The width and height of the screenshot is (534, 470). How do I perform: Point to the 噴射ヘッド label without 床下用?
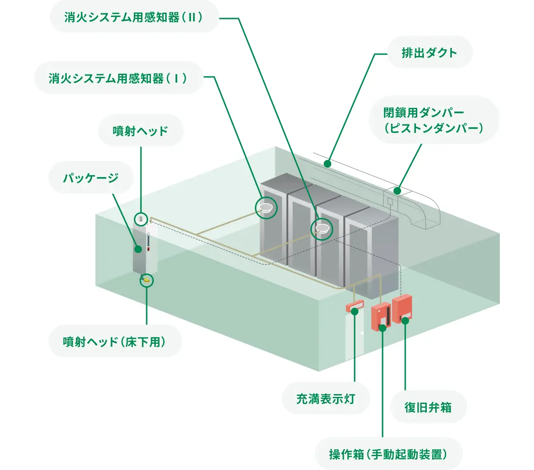click(x=141, y=131)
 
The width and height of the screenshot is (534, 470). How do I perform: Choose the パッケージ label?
click(x=91, y=178)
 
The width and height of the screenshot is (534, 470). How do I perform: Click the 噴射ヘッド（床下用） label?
click(x=114, y=341)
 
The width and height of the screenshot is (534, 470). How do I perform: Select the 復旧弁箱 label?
click(x=428, y=407)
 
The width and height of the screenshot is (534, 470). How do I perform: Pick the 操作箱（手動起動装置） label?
click(x=388, y=453)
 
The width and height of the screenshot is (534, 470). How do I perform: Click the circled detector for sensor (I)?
click(x=266, y=207)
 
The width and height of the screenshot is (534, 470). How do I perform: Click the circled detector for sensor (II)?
click(x=322, y=229)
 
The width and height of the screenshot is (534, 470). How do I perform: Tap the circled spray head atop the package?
click(x=141, y=219)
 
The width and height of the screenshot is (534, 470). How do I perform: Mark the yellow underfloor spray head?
click(x=147, y=281)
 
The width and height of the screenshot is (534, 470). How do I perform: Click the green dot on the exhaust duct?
click(x=327, y=164)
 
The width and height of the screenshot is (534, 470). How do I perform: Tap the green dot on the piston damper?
click(x=398, y=191)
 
